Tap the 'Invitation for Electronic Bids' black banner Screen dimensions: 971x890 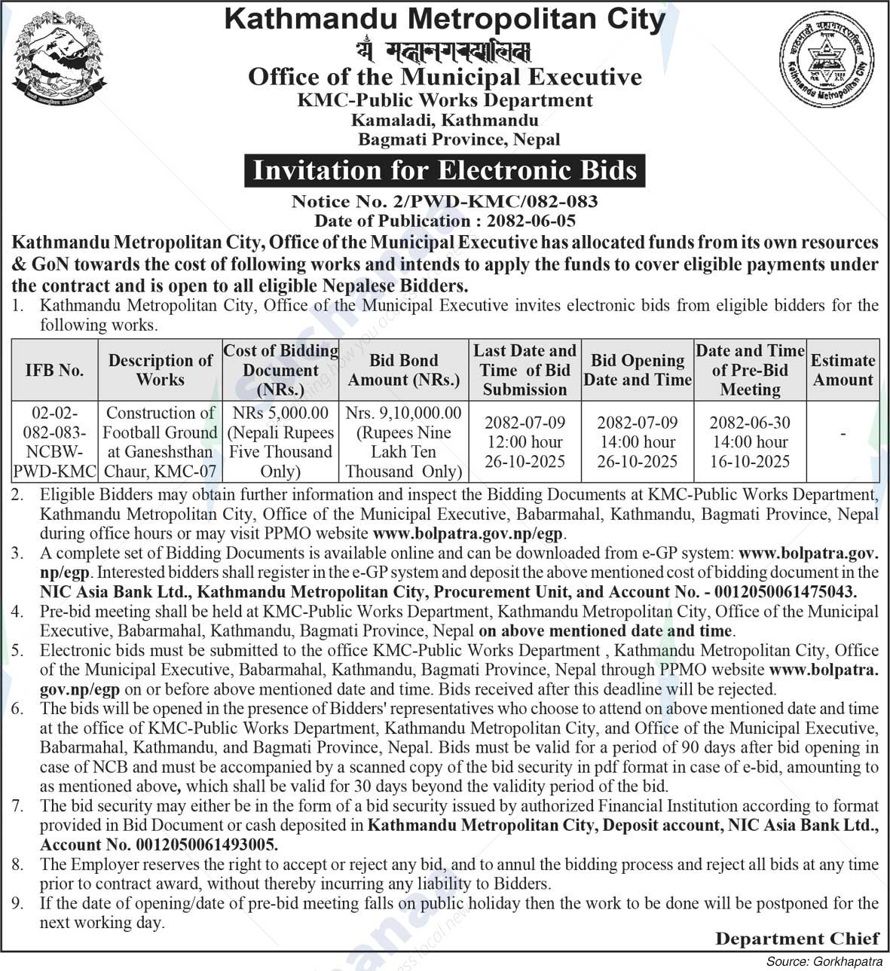point(445,170)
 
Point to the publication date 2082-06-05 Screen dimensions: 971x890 point(531,221)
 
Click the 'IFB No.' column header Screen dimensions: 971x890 point(54,370)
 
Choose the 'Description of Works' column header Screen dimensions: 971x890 point(160,370)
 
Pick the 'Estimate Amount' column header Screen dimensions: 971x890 point(843,370)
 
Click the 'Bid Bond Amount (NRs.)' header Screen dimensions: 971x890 point(403,370)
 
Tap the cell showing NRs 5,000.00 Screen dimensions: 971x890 point(280,413)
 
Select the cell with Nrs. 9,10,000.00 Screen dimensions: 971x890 point(403,413)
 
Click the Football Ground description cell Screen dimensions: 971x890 point(160,442)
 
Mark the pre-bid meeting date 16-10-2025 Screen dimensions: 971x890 point(749,462)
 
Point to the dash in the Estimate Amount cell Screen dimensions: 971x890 point(843,434)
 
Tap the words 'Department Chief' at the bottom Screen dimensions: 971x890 point(797,939)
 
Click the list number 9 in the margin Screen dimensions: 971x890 point(18,903)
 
